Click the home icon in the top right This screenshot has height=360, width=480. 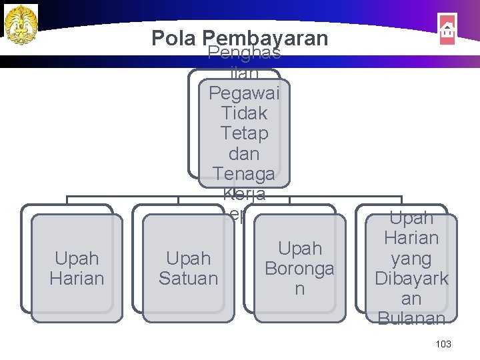pyautogui.click(x=447, y=30)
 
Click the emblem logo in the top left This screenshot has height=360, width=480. pyautogui.click(x=21, y=25)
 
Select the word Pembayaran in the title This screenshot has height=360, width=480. pyautogui.click(x=265, y=38)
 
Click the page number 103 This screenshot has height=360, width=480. pyautogui.click(x=443, y=344)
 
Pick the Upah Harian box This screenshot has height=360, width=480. pyautogui.click(x=77, y=268)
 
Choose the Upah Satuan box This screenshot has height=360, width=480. pyautogui.click(x=189, y=268)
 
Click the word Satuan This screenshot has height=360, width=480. pyautogui.click(x=189, y=278)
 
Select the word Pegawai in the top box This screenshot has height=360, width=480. pyautogui.click(x=244, y=92)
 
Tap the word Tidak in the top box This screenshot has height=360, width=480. pyautogui.click(x=244, y=113)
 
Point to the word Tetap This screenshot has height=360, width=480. pyautogui.click(x=244, y=133)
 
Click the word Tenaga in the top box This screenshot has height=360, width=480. pyautogui.click(x=244, y=174)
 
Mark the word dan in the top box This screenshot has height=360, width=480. pyautogui.click(x=244, y=153)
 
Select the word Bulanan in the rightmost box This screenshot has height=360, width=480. pyautogui.click(x=411, y=319)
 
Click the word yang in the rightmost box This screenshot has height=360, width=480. pyautogui.click(x=411, y=259)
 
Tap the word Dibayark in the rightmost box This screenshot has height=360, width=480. pyautogui.click(x=411, y=279)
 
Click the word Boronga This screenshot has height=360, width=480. pyautogui.click(x=299, y=268)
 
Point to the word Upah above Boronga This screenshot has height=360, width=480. pyautogui.click(x=299, y=249)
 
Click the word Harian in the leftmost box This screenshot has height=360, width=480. pyautogui.click(x=77, y=278)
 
